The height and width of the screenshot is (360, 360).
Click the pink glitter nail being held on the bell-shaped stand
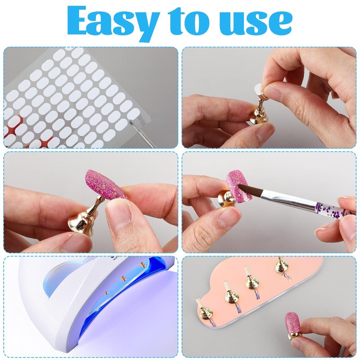[106, 184]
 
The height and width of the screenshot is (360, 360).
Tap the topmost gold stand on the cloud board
[280, 266]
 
